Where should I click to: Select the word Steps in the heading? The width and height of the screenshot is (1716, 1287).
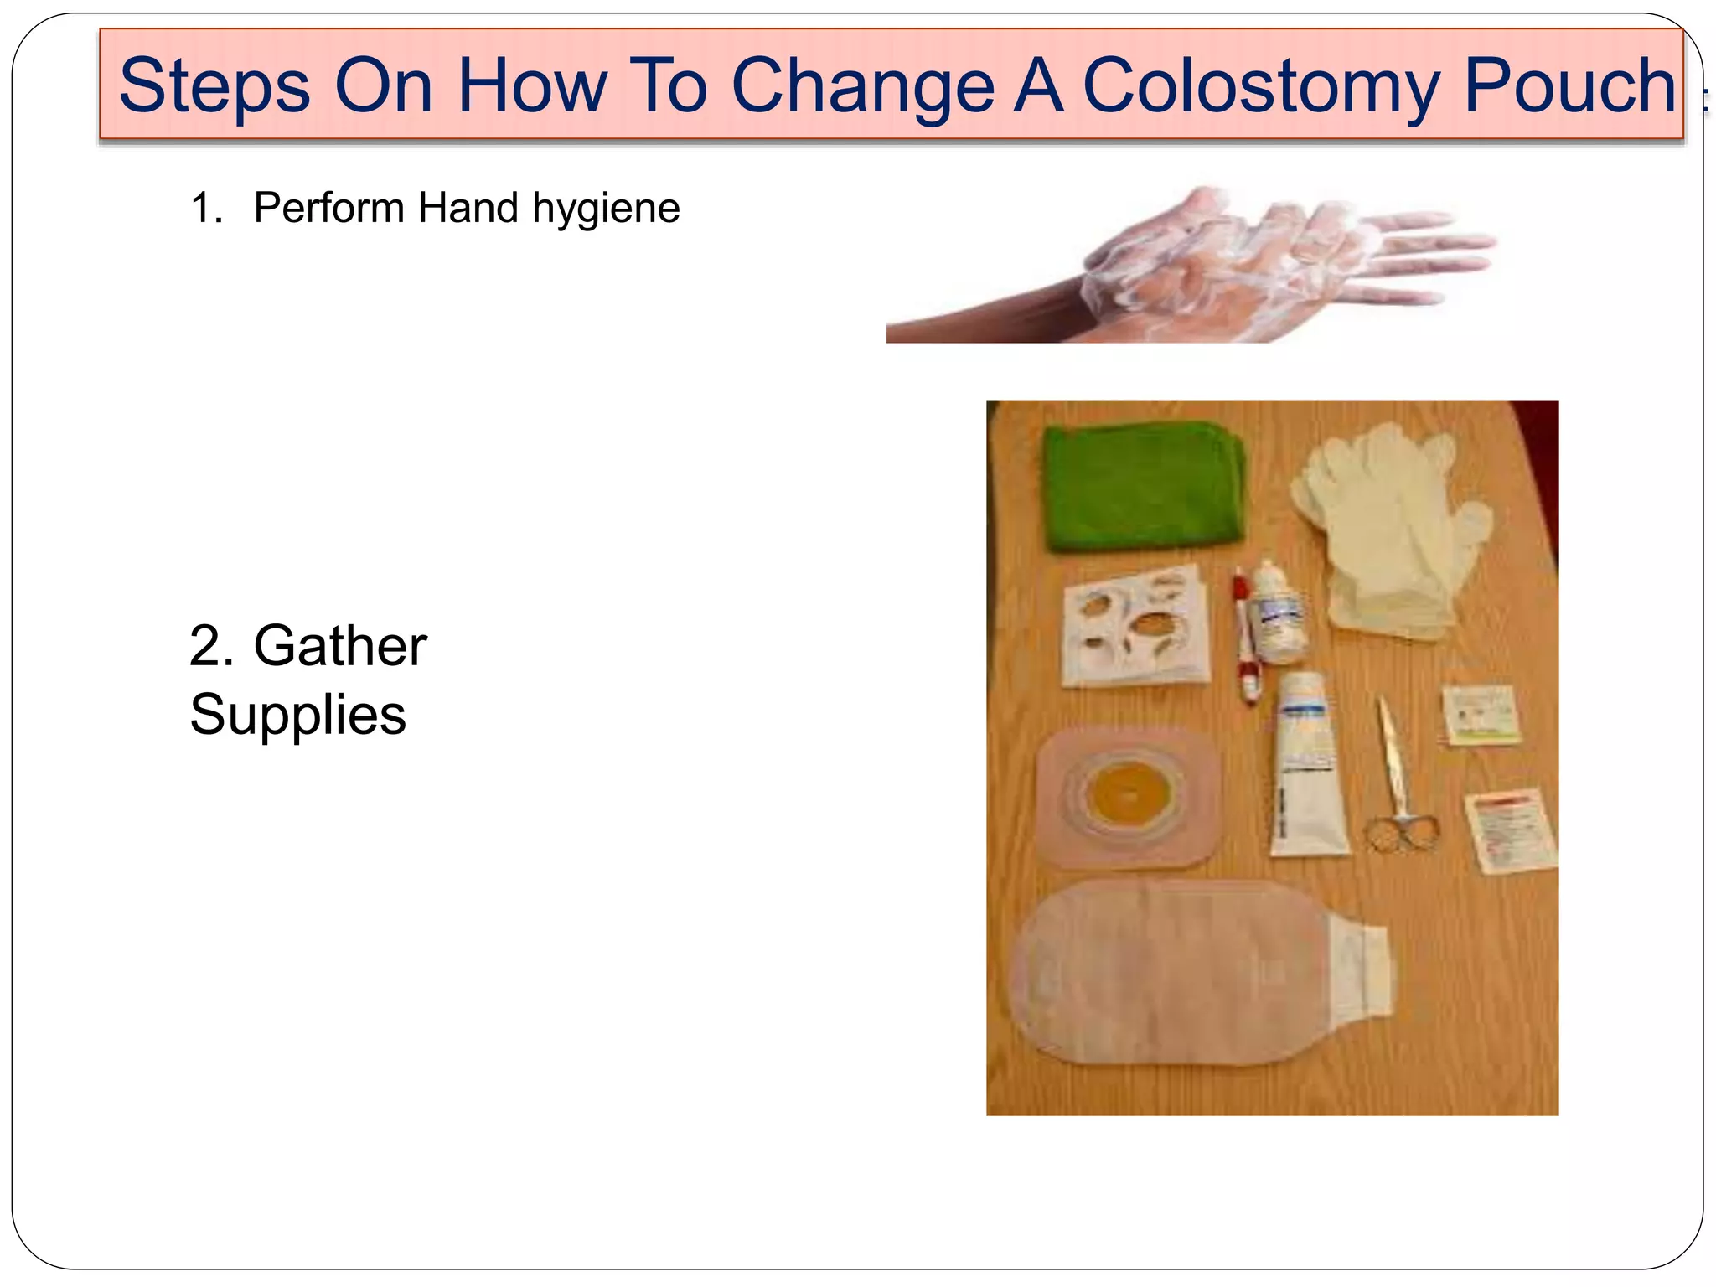tap(214, 86)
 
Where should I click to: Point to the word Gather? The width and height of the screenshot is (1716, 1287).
tap(340, 646)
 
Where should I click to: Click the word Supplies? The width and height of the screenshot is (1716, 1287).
tap(297, 715)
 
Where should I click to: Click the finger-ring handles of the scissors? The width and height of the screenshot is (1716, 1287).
tap(1400, 833)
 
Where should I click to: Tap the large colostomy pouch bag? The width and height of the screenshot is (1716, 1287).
tap(1173, 972)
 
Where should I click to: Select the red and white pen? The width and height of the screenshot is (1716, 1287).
tap(1244, 637)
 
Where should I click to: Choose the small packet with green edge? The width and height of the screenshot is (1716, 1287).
tap(1481, 715)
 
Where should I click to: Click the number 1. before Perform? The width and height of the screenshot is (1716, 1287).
tap(205, 208)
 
